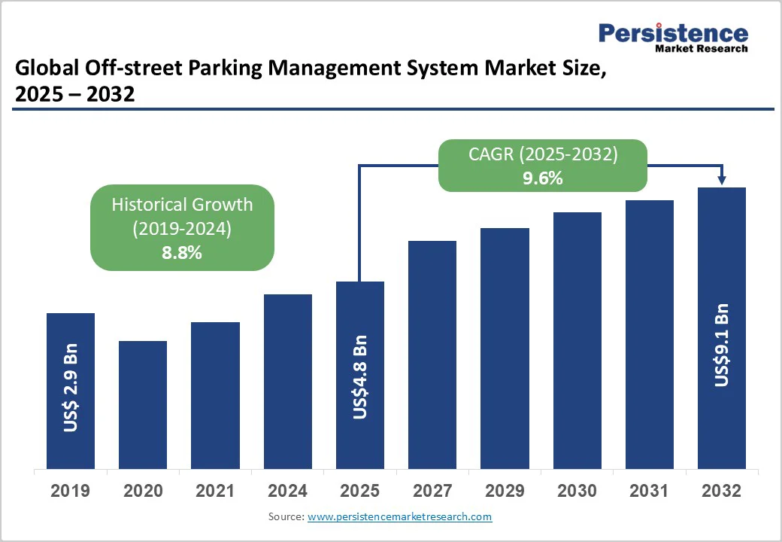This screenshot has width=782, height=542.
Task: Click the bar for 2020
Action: tap(143, 404)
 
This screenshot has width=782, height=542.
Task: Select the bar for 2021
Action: tap(215, 395)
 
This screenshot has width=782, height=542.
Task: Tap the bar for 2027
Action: tap(432, 354)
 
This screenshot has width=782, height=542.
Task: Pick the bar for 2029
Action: tap(505, 348)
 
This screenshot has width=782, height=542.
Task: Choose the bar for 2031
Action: tap(650, 334)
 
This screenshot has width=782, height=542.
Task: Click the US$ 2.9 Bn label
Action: tap(71, 388)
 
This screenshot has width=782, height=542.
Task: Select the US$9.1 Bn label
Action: tap(722, 345)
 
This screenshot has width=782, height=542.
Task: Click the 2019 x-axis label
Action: tap(71, 491)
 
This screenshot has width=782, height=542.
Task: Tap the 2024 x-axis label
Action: tap(287, 491)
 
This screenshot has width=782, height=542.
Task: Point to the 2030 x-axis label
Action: tap(577, 491)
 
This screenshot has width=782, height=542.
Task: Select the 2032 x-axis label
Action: tap(722, 491)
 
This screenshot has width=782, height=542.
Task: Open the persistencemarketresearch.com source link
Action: tap(399, 516)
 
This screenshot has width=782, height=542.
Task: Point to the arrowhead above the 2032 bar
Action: tap(722, 180)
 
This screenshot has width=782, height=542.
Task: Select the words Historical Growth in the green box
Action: tap(182, 205)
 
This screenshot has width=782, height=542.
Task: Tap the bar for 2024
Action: tap(287, 381)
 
